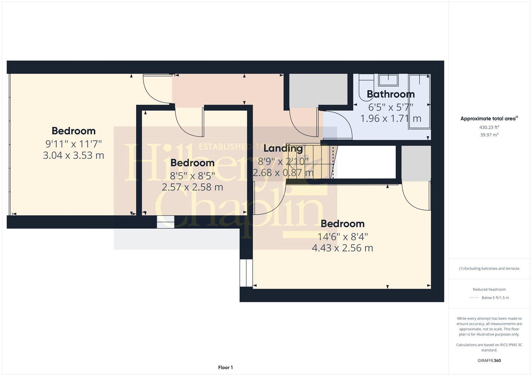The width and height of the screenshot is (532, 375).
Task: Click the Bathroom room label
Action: point(391,94)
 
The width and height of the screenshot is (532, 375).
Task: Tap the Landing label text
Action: point(283,148)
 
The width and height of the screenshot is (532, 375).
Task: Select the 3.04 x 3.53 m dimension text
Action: point(73,155)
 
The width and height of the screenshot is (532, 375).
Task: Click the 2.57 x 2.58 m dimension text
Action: point(192,187)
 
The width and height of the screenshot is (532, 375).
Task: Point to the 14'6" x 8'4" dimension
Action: point(342,237)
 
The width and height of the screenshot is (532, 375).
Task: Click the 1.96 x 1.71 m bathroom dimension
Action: point(391,118)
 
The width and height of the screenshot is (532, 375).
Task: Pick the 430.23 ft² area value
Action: point(489,127)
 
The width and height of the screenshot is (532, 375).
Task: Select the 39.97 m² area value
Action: point(489,135)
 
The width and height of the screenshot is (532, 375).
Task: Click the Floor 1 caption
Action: point(225,367)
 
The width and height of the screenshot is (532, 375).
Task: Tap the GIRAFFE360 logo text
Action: point(489,360)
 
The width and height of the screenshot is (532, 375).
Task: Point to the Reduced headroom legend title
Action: point(489,289)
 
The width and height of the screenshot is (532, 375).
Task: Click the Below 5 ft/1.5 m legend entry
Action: point(495,298)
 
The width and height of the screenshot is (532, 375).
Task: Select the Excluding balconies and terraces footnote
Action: point(489,268)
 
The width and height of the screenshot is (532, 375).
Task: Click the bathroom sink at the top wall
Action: point(389,80)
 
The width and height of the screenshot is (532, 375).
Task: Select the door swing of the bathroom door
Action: point(336,125)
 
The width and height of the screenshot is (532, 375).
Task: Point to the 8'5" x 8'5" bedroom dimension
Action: point(192,175)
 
